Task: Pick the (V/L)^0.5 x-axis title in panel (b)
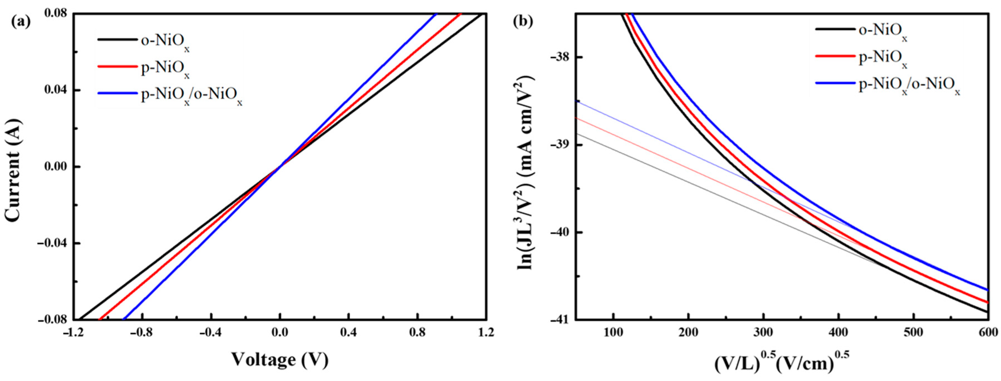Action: (x=781, y=360)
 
